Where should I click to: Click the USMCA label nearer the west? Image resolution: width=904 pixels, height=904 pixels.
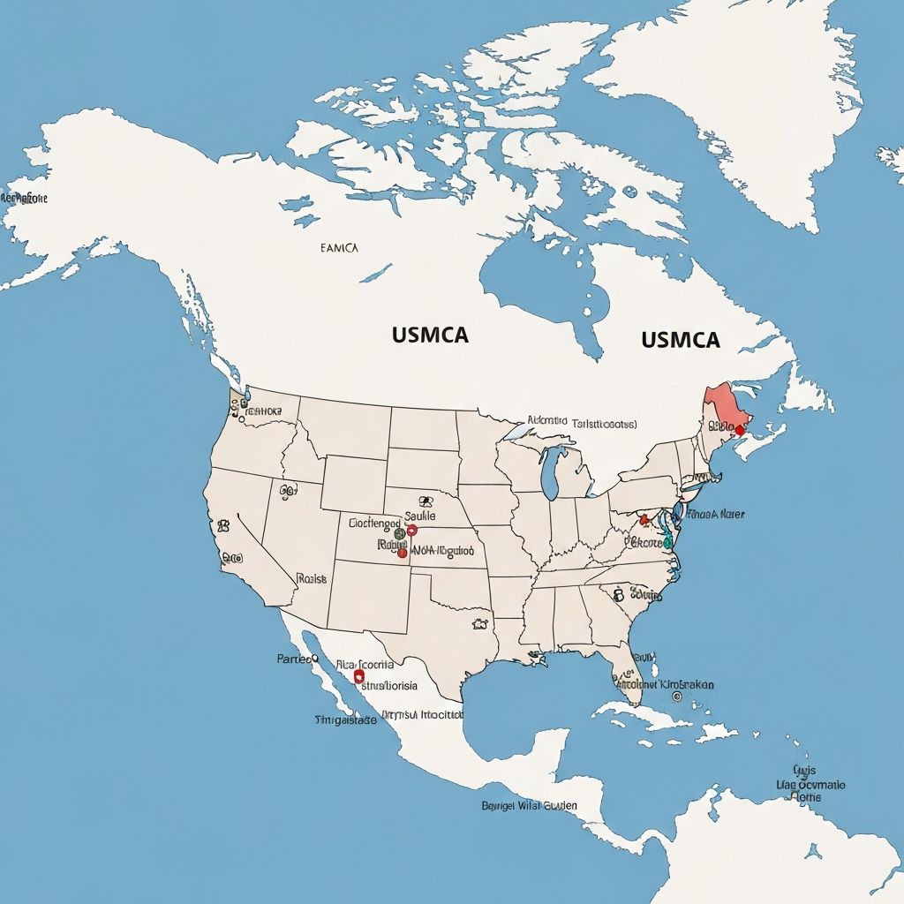[429, 335]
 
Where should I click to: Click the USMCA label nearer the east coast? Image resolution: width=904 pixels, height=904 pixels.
[681, 340]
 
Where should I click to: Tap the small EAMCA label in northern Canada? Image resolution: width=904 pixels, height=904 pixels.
[339, 249]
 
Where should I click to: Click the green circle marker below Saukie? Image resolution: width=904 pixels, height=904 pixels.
[400, 533]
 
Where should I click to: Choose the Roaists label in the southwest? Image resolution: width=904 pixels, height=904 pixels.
[312, 579]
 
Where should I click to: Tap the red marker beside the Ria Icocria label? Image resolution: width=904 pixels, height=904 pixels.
[359, 676]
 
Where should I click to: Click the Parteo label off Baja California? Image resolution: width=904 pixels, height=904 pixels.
[297, 659]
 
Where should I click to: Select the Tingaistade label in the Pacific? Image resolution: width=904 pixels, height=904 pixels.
[345, 719]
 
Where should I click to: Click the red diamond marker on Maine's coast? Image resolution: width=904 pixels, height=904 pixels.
[739, 430]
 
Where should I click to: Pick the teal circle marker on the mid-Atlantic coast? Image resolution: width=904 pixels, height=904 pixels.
[667, 540]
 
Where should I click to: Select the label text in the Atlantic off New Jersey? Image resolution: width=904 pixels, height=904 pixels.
[716, 513]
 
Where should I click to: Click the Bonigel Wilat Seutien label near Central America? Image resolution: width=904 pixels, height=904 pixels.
[529, 805]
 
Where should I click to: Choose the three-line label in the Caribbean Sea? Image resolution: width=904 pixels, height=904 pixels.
[810, 783]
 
